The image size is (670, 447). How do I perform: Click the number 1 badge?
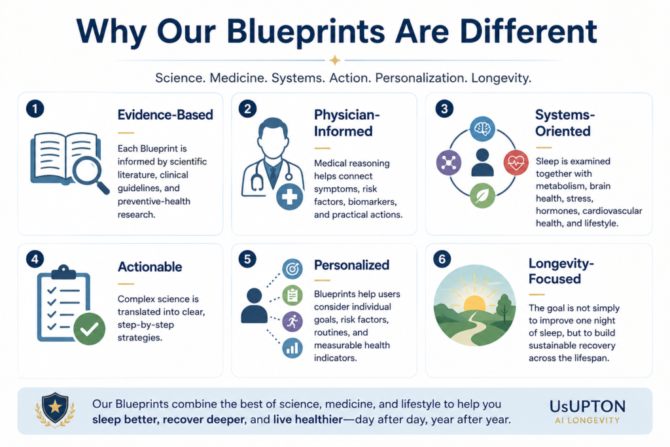pyautogui.click(x=35, y=109)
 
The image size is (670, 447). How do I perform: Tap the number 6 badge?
pyautogui.click(x=442, y=259)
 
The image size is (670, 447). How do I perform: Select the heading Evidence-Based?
pyautogui.click(x=165, y=115)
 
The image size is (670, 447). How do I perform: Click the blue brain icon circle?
pyautogui.click(x=482, y=129)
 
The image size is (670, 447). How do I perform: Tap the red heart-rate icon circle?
pyautogui.click(x=516, y=162)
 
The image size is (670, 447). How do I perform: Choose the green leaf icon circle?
pyautogui.click(x=482, y=196)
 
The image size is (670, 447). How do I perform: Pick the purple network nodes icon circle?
pyautogui.click(x=449, y=162)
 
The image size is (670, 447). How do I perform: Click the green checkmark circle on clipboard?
pyautogui.click(x=89, y=329)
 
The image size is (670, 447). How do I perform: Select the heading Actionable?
pyautogui.click(x=150, y=266)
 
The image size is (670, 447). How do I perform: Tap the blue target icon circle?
pyautogui.click(x=292, y=269)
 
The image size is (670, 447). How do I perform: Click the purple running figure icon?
pyautogui.click(x=292, y=321)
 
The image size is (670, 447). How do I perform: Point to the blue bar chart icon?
pyautogui.click(x=292, y=348)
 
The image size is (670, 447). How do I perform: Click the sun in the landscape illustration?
pyautogui.click(x=474, y=302)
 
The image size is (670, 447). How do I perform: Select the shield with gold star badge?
pyautogui.click(x=55, y=409)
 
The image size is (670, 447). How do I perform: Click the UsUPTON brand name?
pyautogui.click(x=588, y=406)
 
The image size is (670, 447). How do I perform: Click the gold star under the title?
pyautogui.click(x=335, y=60)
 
